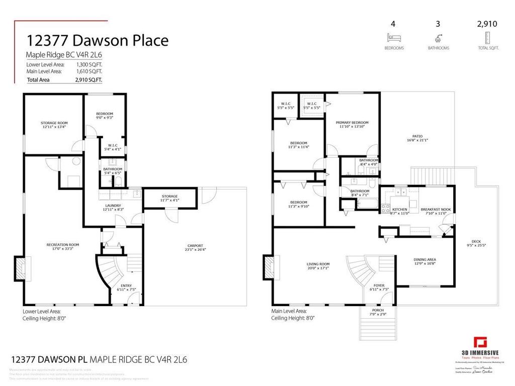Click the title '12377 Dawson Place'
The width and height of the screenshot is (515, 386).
coord(97,40)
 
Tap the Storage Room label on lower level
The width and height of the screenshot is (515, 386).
coord(54,123)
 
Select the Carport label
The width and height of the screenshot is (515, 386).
coord(195,247)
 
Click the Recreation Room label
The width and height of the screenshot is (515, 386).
coord(63,245)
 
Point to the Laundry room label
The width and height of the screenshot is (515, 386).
coord(113,206)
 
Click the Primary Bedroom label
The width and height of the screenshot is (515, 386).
coord(352,123)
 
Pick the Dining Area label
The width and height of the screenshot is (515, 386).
coord(424,260)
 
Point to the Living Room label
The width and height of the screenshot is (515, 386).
coord(318,264)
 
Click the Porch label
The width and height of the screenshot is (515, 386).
coord(378,311)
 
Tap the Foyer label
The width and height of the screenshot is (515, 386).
coord(379,285)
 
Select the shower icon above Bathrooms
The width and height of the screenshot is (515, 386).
coord(439,37)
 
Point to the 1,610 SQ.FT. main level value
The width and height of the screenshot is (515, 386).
coord(89,71)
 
